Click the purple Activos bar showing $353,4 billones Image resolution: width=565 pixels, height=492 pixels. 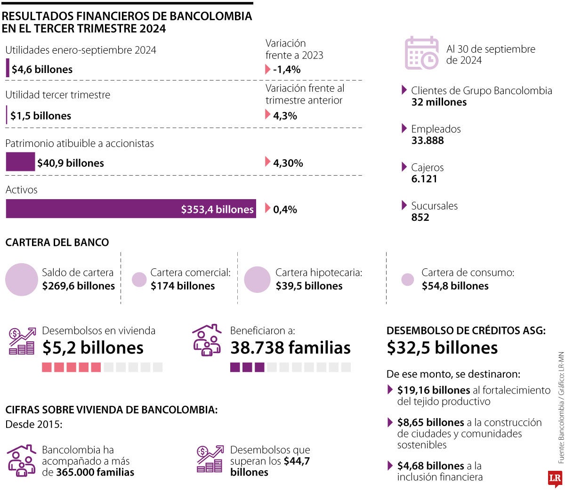131,209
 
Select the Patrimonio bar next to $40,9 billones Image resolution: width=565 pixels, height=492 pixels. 20,162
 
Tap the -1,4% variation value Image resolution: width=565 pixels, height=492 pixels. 287,70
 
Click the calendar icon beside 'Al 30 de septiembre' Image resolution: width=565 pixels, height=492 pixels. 421,53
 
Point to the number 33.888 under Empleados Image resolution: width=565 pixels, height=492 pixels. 428,140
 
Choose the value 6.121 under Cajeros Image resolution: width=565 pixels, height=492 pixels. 424,179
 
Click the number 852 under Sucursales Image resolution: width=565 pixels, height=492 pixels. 420,218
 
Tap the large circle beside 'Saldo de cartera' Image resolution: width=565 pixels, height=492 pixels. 22,280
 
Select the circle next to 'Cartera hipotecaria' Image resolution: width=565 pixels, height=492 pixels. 257,280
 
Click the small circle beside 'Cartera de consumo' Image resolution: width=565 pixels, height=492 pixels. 408,280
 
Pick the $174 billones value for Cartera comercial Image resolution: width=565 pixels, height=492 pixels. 183,286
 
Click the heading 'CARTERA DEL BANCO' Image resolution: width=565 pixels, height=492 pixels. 57,242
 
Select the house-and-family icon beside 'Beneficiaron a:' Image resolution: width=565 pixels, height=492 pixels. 207,340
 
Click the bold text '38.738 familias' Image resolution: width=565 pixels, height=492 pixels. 291,348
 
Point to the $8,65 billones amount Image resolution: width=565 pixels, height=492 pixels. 431,423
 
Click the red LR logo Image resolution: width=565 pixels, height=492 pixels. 555,478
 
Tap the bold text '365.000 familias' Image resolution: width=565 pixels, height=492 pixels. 95,472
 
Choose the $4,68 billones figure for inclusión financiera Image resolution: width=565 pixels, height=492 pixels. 431,466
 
